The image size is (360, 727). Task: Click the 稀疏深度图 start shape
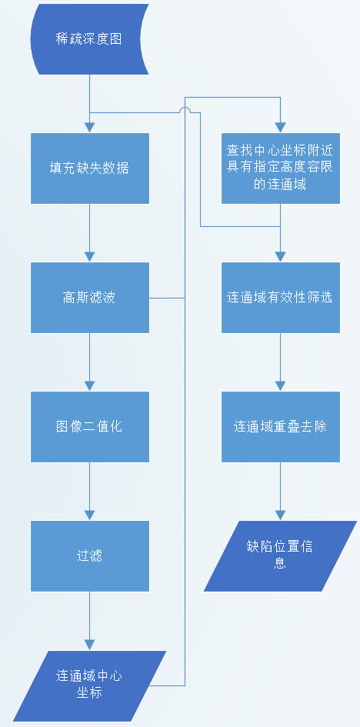(x=89, y=39)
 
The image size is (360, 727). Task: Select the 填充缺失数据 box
(x=90, y=168)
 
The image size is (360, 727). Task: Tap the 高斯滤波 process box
(x=90, y=298)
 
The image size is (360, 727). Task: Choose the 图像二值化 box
(x=90, y=427)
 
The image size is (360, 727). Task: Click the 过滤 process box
(x=90, y=556)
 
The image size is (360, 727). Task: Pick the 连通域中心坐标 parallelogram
(x=89, y=685)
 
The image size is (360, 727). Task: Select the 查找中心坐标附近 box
(x=280, y=168)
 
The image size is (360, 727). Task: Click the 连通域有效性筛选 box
(x=280, y=298)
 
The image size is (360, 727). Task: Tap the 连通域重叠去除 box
(x=280, y=427)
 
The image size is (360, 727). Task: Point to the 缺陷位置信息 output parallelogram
(x=280, y=556)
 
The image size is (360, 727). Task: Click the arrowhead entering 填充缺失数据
(x=90, y=128)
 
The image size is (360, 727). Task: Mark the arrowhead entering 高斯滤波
(x=90, y=257)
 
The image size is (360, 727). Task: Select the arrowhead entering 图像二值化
(x=90, y=386)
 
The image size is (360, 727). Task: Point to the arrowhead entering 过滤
(x=90, y=515)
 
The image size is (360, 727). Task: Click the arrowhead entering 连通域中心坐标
(x=90, y=645)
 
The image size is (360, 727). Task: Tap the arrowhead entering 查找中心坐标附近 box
(x=280, y=128)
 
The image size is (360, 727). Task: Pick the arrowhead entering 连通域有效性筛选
(x=280, y=257)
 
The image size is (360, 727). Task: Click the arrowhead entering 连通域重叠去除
(x=280, y=386)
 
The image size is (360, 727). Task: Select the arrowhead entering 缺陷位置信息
(x=280, y=515)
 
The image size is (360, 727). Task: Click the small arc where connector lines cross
(x=185, y=108)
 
